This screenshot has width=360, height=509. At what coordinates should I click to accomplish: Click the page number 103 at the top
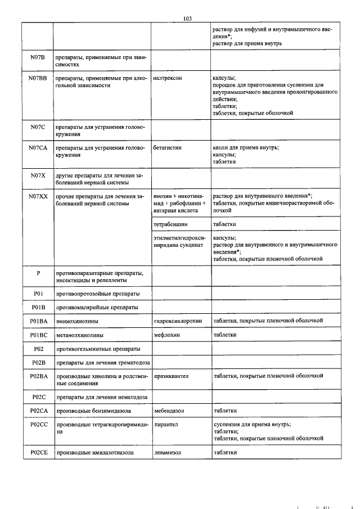click(x=188, y=18)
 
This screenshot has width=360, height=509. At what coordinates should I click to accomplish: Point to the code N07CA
click(x=38, y=148)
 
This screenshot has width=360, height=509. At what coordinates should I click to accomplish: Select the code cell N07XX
click(x=38, y=196)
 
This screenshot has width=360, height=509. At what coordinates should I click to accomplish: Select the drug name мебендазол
click(x=169, y=411)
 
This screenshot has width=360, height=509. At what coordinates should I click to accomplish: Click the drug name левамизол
click(x=169, y=452)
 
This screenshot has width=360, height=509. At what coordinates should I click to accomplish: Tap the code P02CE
click(x=38, y=452)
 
